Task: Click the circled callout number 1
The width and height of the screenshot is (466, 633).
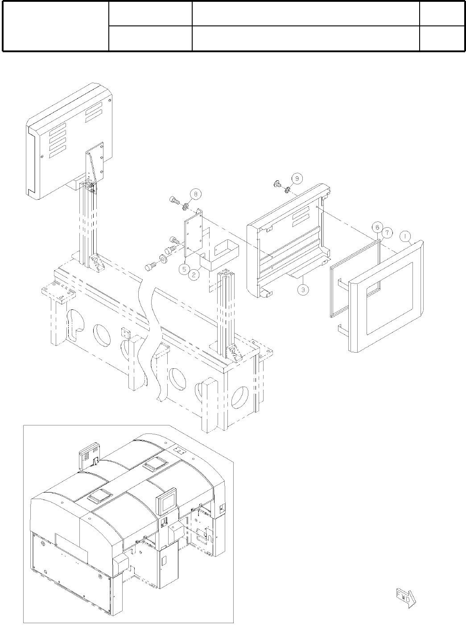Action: (405, 235)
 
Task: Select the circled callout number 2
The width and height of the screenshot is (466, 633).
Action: (194, 275)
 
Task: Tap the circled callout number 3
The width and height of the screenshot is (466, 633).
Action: (303, 289)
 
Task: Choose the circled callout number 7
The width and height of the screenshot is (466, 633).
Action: (387, 233)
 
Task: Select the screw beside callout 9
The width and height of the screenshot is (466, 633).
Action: (277, 183)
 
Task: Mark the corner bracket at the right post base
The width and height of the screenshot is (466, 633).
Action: (235, 352)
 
